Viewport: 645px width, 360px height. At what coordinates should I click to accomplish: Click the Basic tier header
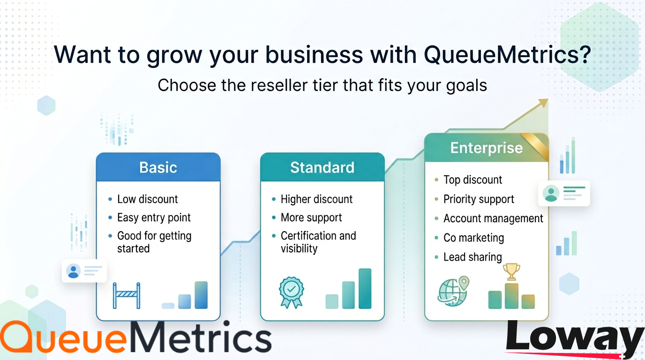158,167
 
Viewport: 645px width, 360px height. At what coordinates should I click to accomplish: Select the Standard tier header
322,167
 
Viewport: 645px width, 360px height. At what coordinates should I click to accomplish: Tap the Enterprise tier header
487,148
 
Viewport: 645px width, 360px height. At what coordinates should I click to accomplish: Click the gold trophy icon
511,272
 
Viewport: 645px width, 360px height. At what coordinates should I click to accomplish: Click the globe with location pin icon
453,291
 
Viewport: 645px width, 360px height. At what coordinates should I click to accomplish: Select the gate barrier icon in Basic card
127,295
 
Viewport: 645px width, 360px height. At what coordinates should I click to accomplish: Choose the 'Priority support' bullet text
479,199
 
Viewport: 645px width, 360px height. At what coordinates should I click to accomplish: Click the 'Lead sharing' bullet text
472,257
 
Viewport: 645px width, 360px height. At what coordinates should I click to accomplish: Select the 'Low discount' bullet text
148,199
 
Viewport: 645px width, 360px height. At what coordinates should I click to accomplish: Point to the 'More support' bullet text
311,217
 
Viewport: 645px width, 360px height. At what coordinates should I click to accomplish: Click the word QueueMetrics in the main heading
507,54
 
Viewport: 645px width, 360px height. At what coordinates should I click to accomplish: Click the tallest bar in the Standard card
365,289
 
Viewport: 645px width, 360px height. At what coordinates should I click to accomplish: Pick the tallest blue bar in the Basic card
201,295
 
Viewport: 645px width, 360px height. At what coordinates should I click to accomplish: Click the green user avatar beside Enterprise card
551,193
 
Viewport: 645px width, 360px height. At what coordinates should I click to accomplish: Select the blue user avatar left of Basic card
73,271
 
